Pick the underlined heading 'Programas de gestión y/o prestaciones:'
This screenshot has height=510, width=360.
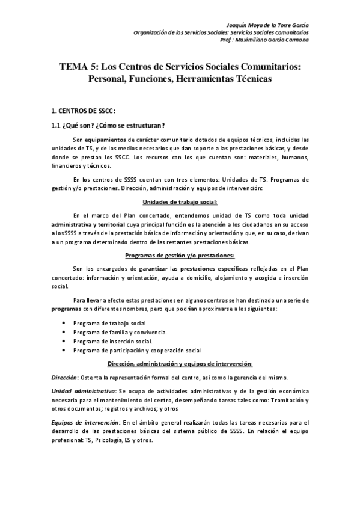180,255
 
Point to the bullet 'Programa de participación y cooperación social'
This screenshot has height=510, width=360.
137,350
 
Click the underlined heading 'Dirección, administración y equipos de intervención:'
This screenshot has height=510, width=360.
180,363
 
